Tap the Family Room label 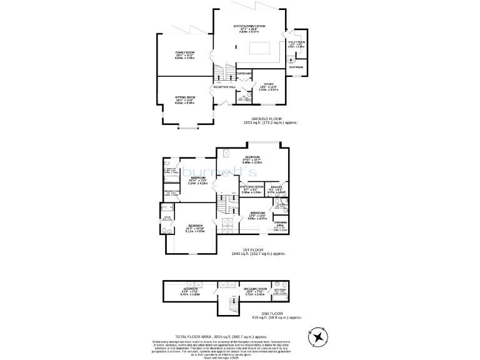pos(185,52)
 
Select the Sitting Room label pos(185,97)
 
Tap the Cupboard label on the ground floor pos(244,74)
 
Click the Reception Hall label pos(224,87)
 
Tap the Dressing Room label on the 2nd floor pos(257,289)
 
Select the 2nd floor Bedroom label pos(191,289)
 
